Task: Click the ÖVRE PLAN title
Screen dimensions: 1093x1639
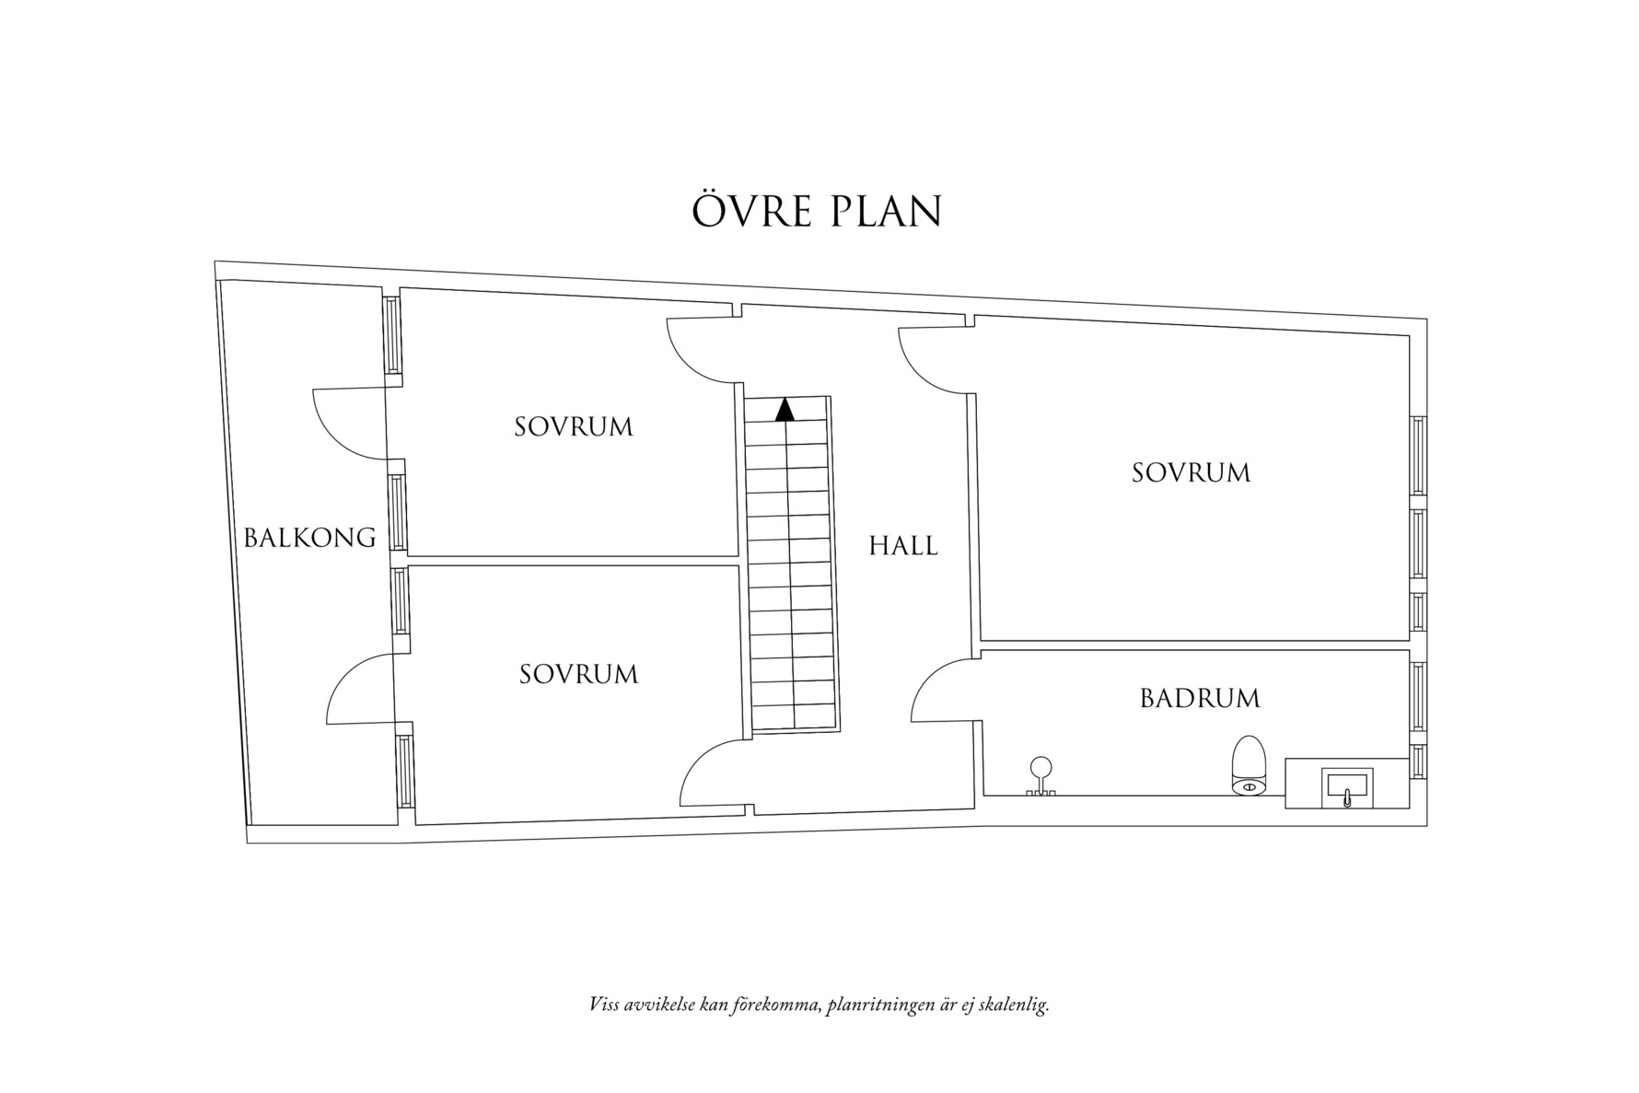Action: (817, 212)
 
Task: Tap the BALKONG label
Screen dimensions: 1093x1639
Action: (309, 538)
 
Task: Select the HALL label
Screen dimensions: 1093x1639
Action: (903, 546)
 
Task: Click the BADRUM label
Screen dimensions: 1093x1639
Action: (1200, 699)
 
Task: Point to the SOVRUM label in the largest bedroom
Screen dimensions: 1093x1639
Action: (1191, 473)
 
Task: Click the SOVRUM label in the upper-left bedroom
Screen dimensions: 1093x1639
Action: (574, 427)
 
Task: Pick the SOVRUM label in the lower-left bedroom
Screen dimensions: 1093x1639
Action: (578, 675)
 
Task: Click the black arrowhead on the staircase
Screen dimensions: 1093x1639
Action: (785, 410)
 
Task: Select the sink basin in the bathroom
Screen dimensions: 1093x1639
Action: (1348, 787)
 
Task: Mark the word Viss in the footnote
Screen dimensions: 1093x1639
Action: (604, 1004)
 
